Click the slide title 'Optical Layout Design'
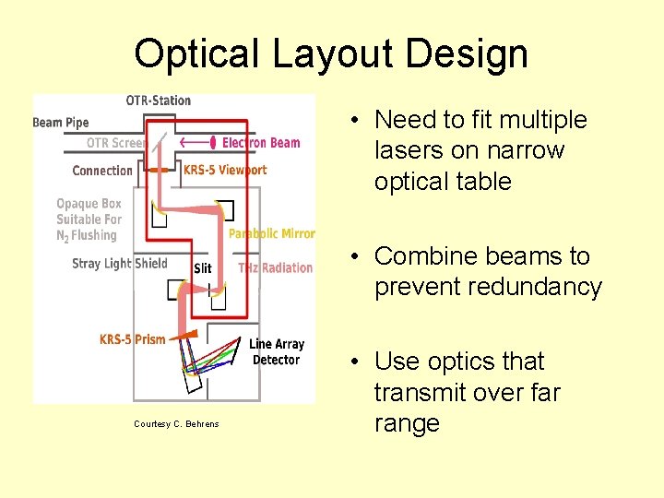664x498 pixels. click(x=331, y=53)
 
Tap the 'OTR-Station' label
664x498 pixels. click(x=158, y=101)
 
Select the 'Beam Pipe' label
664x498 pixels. click(x=61, y=123)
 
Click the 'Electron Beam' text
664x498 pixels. click(x=261, y=143)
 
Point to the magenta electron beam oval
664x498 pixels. click(x=214, y=143)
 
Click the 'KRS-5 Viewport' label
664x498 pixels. click(x=225, y=170)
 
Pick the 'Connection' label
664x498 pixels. click(x=102, y=171)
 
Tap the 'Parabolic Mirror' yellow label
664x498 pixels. click(x=271, y=234)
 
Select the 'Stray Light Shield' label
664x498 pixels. click(x=120, y=264)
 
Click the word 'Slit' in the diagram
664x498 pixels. click(x=203, y=268)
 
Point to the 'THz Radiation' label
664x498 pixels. click(x=275, y=267)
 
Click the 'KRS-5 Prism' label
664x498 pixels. click(x=132, y=339)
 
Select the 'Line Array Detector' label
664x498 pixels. click(x=276, y=352)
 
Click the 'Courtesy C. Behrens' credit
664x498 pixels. click(x=176, y=424)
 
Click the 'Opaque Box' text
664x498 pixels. click(x=89, y=204)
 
